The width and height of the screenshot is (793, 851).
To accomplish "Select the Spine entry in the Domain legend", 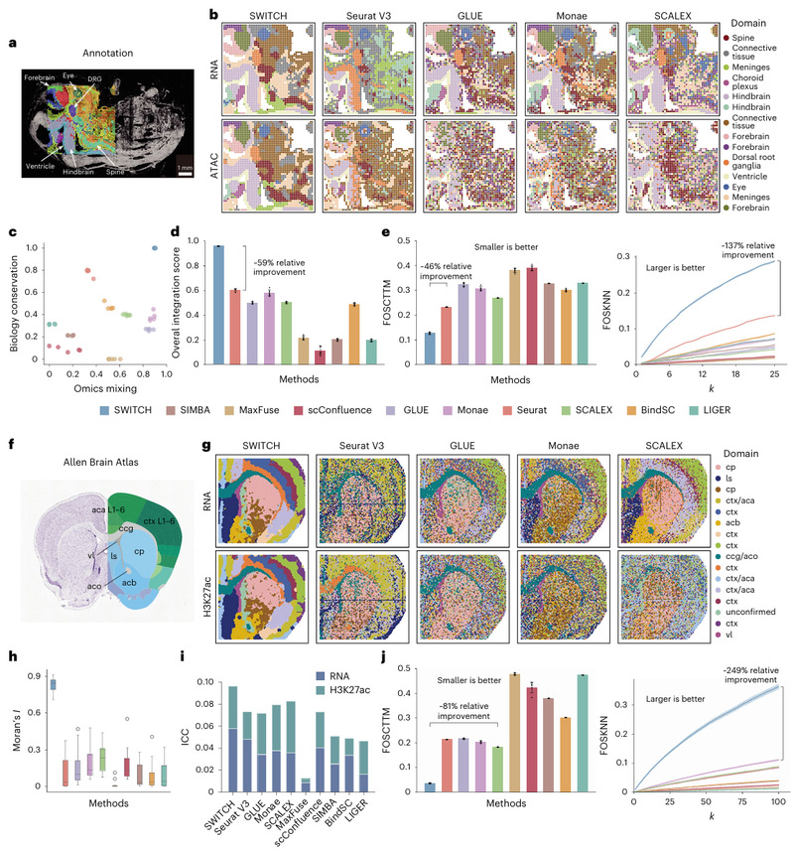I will [732, 38].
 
